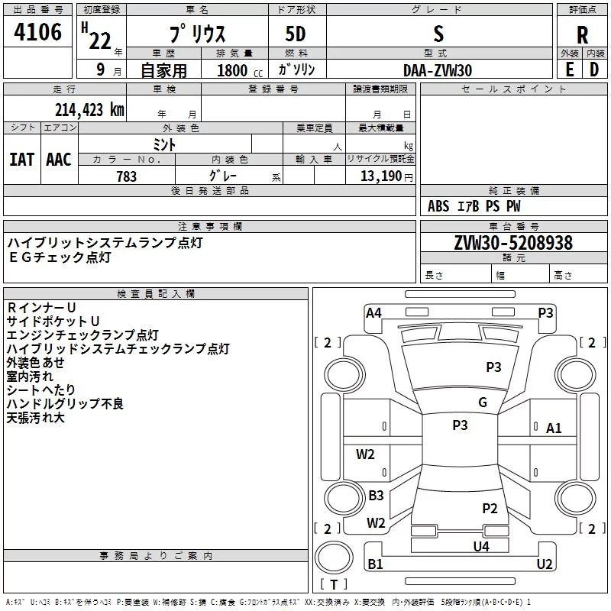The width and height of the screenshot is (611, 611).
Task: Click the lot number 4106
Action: coord(37,32)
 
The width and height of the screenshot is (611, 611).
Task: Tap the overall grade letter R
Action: coord(582,35)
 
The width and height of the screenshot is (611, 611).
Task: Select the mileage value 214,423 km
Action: coord(89,110)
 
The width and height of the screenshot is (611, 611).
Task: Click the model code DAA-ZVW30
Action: coord(438,70)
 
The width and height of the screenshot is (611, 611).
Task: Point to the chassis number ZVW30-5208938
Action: coord(513,243)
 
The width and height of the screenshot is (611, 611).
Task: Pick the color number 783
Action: coord(127,176)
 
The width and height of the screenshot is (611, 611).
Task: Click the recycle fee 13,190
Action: coord(380,176)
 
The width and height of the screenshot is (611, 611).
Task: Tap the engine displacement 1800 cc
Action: coord(240,70)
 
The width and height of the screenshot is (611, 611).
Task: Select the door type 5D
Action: coord(296,34)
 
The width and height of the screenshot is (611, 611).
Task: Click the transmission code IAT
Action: coord(22,160)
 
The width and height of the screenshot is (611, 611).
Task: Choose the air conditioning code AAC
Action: coord(59,160)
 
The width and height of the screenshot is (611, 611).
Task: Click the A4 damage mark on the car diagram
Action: coord(373,313)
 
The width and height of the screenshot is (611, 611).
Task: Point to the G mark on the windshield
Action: coord(483,402)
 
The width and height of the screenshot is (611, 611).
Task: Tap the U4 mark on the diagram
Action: coord(481,546)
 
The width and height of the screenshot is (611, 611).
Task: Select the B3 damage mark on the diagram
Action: coord(376,495)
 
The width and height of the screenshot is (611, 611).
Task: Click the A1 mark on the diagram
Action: coord(554,428)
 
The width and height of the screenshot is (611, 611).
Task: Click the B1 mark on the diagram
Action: coord(375,564)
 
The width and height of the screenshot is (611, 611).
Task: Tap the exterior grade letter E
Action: coord(570,70)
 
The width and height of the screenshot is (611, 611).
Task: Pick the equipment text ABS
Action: coord(438,206)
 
